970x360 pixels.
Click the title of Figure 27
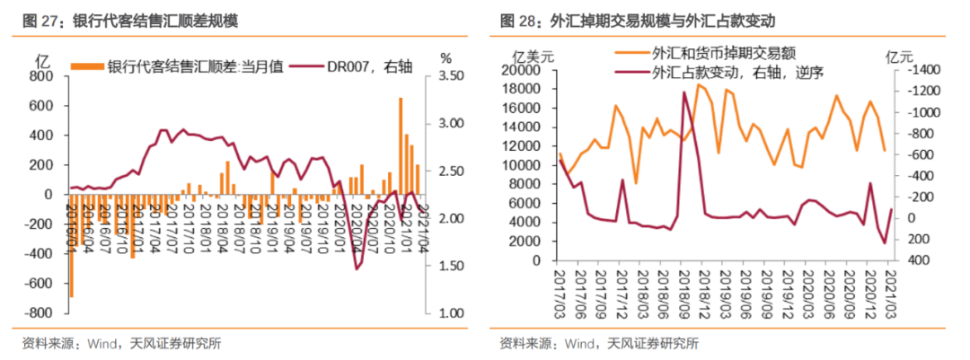pyautogui.click(x=131, y=20)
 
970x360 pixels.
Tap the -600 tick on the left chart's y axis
pyautogui.click(x=39, y=284)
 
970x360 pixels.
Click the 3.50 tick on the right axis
pyautogui.click(x=453, y=77)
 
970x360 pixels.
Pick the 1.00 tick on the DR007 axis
pyautogui.click(x=453, y=313)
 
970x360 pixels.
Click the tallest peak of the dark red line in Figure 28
pyautogui.click(x=685, y=92)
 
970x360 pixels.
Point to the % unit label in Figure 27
pyautogui.click(x=446, y=58)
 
